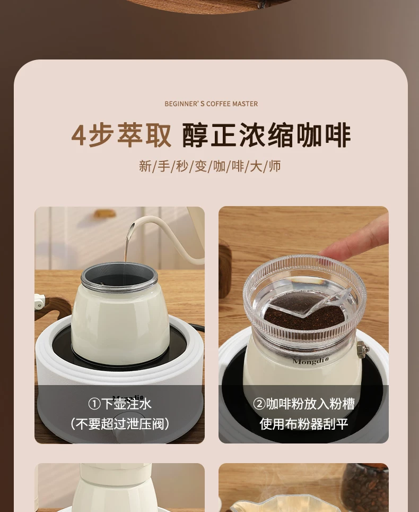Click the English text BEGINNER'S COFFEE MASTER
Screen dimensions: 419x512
[211, 104]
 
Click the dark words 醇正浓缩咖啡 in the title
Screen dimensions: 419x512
[266, 135]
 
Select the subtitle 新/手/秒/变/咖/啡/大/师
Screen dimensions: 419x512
[210, 166]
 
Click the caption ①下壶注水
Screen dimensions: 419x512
[120, 404]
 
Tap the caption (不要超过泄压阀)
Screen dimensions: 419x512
[120, 424]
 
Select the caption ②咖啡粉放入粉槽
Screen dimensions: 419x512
[303, 404]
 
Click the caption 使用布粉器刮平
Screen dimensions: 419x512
[303, 424]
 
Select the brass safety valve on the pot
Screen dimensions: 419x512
[363, 347]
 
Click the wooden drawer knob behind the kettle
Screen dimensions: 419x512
[105, 214]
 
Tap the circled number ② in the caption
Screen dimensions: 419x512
[259, 404]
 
